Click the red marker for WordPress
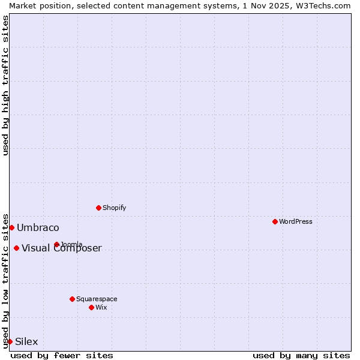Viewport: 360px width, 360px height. [275, 221]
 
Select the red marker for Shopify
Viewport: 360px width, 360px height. [98, 208]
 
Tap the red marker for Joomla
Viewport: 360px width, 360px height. [56, 244]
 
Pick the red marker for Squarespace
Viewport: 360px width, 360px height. [72, 299]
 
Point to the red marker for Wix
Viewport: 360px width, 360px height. [91, 307]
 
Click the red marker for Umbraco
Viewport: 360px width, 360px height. [11, 227]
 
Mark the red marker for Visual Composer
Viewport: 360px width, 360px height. [16, 248]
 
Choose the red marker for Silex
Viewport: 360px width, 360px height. [10, 341]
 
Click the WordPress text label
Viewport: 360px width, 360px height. [296, 221]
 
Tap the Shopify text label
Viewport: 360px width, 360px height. [115, 208]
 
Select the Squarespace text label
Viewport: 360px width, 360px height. [97, 299]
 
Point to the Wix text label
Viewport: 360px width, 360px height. [101, 307]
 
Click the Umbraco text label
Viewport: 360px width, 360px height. [38, 227]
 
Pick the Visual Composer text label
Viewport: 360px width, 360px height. [62, 248]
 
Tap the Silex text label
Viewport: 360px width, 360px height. [26, 342]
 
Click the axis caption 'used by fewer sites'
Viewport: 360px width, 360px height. [62, 355]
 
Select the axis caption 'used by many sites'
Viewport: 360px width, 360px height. [301, 355]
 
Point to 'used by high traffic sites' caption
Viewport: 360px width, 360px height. [5, 85]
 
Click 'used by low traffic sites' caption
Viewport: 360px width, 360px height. [5, 280]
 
